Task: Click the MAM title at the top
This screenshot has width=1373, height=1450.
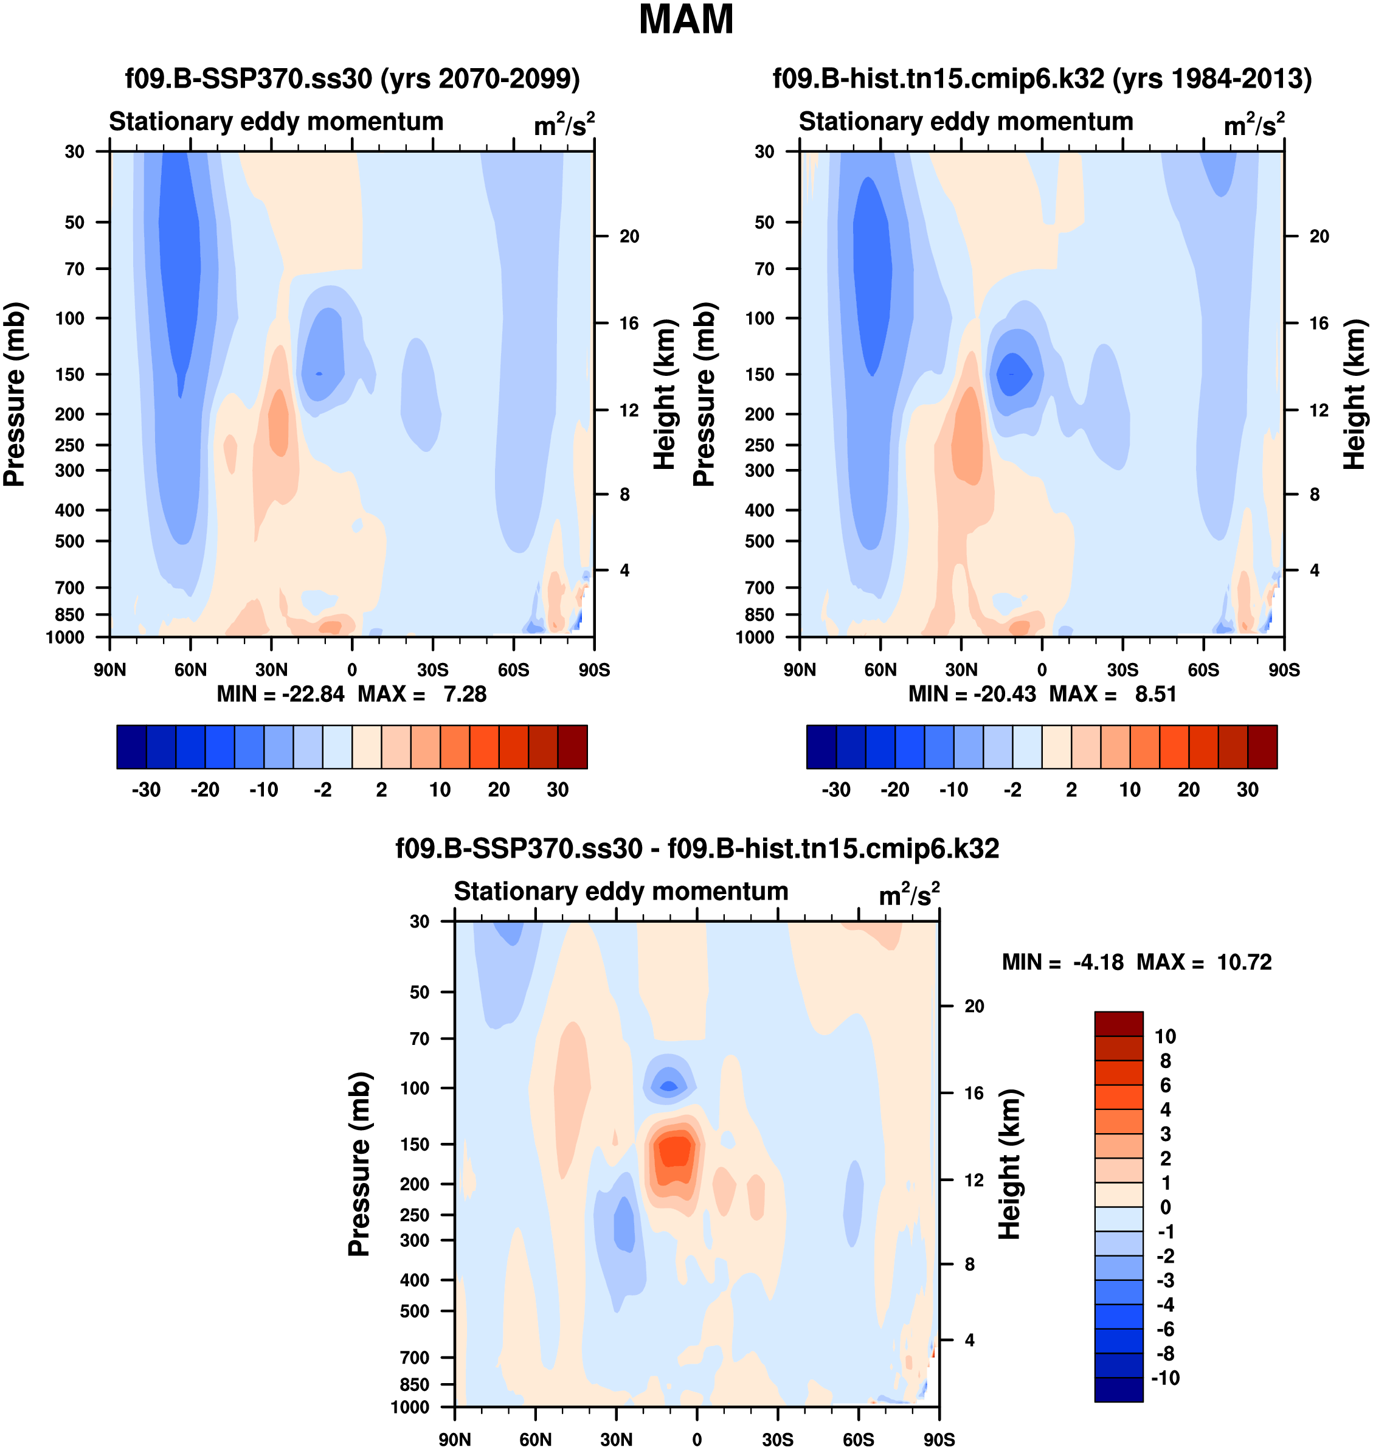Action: (x=686, y=19)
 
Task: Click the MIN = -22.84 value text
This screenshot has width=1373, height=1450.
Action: (x=280, y=694)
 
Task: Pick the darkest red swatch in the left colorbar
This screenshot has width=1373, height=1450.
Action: (x=572, y=747)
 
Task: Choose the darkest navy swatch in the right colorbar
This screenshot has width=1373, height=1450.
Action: (x=821, y=747)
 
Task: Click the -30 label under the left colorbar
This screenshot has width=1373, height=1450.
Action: (x=146, y=790)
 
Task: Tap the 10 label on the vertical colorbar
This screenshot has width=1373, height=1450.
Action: (x=1165, y=1036)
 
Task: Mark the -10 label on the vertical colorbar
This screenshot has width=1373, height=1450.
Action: (x=1165, y=1378)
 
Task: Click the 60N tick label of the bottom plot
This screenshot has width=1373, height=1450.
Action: (x=535, y=1440)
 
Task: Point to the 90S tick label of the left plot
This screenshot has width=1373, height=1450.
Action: (x=594, y=670)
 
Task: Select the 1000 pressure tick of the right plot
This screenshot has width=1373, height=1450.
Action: (x=755, y=637)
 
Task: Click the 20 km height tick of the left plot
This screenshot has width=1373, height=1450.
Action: (x=629, y=237)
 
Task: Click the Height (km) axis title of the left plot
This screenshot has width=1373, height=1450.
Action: (x=664, y=395)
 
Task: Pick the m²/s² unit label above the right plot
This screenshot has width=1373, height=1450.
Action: (x=1254, y=125)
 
